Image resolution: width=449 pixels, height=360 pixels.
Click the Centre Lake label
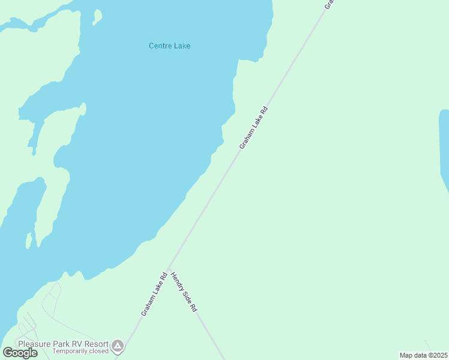tap(169, 46)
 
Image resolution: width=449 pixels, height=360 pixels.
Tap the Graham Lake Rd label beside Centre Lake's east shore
tap(253, 128)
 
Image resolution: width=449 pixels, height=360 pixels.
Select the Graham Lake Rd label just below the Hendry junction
tap(154, 295)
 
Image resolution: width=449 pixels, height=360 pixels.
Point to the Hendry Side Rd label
tap(184, 292)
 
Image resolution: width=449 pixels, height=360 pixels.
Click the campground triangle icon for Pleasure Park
tap(118, 346)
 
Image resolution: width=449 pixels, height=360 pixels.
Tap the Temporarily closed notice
tap(80, 351)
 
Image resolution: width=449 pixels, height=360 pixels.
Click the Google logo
tap(20, 353)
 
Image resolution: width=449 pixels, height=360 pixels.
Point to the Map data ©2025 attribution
tap(423, 355)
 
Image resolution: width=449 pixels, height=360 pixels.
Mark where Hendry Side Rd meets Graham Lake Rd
tap(168, 268)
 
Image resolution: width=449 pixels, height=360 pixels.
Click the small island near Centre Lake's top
tap(97, 17)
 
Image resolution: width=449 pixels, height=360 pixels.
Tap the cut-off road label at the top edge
tap(329, 4)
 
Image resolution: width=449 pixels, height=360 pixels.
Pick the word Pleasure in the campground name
tap(34, 344)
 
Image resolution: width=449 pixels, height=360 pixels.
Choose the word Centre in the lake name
tap(159, 46)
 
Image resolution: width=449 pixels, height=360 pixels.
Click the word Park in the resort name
tap(60, 344)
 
